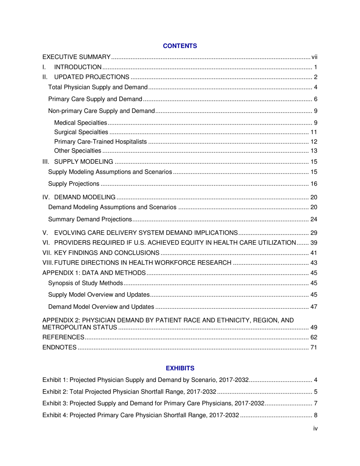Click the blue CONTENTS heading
coord(180,46)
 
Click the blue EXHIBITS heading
coord(180,368)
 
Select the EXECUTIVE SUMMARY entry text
coord(76,57)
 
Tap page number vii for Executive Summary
coord(314,57)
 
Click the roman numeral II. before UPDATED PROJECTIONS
coord(45,77)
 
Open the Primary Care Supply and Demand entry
coord(95,99)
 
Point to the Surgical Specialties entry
coord(81,132)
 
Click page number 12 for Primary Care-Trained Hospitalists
coord(314,142)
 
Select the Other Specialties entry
coord(78,151)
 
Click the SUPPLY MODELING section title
coord(84,162)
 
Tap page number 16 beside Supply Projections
coord(314,184)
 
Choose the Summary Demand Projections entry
coord(90,219)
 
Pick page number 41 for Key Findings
coord(314,253)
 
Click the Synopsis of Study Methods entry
coord(86,283)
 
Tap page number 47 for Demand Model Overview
coord(314,307)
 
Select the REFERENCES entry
coord(63,337)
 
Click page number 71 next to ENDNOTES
coord(314,347)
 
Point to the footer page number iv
coord(315,428)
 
